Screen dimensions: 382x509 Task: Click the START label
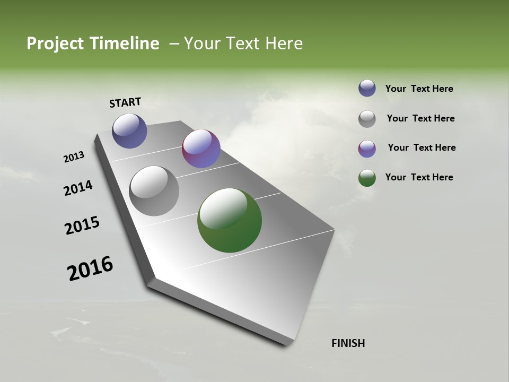(x=125, y=102)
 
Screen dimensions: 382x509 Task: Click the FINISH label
(x=348, y=343)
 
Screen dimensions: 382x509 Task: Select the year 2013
(x=74, y=157)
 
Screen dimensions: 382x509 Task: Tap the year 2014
(x=78, y=188)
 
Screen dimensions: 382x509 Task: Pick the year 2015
(x=82, y=225)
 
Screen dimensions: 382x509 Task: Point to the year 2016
(x=90, y=268)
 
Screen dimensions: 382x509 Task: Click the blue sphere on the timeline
(x=129, y=131)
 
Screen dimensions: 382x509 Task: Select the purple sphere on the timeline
(x=201, y=149)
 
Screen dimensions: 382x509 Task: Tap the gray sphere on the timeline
(x=154, y=191)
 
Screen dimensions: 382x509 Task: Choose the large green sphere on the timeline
(x=230, y=220)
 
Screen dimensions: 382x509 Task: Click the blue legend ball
(x=367, y=89)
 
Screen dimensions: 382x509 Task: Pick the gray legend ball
(x=367, y=119)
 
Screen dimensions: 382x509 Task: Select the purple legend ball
(x=367, y=149)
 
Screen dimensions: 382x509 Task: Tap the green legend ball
(x=367, y=178)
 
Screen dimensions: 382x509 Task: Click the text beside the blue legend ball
(x=419, y=89)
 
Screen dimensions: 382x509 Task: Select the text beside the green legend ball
(x=419, y=177)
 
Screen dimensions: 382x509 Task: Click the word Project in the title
(x=55, y=44)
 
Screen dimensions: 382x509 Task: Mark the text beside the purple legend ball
(x=422, y=147)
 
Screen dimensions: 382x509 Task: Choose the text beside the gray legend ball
(x=420, y=118)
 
